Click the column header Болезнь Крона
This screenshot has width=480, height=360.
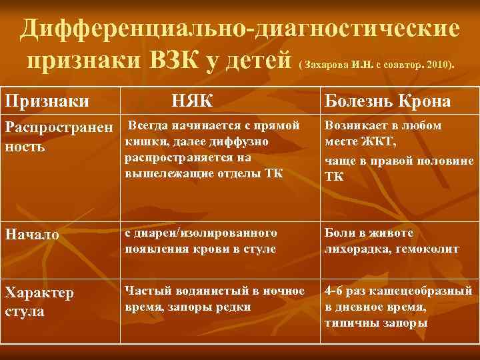(387, 101)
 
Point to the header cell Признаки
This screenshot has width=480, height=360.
(48, 101)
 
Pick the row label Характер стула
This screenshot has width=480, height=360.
(39, 301)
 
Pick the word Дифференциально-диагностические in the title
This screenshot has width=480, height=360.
(239, 29)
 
